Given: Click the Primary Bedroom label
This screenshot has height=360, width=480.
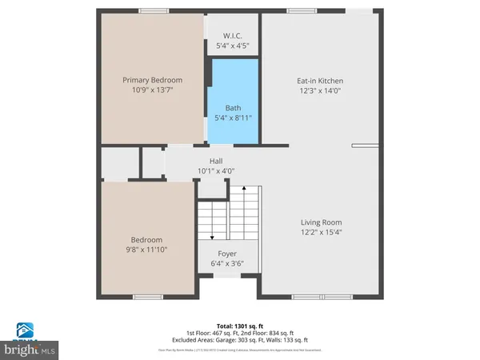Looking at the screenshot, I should [152, 80].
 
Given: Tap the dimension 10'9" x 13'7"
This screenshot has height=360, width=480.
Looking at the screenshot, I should [152, 90].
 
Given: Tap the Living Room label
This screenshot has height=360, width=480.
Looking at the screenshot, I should [321, 222].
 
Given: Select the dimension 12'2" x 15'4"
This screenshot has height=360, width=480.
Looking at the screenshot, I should [321, 233].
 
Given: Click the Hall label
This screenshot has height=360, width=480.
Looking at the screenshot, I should [216, 160].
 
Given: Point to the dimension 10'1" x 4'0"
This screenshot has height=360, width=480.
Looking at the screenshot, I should [216, 170].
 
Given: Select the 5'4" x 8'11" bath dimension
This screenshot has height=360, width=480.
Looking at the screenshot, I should [233, 118].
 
